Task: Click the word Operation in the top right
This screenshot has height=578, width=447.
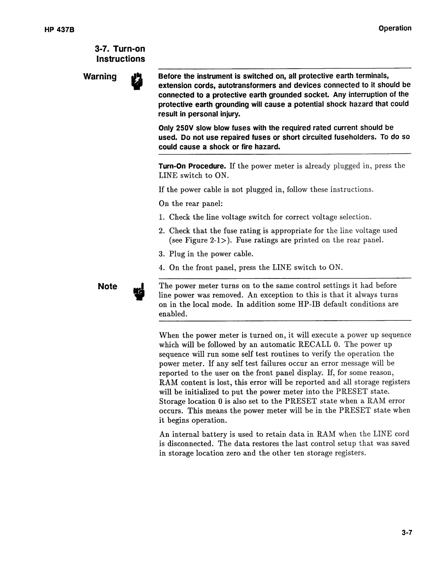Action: click(x=395, y=28)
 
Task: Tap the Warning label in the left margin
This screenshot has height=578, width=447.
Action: click(x=100, y=77)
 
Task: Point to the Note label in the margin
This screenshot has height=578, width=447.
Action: click(x=108, y=286)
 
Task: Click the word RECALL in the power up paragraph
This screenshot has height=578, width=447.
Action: click(x=316, y=345)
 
